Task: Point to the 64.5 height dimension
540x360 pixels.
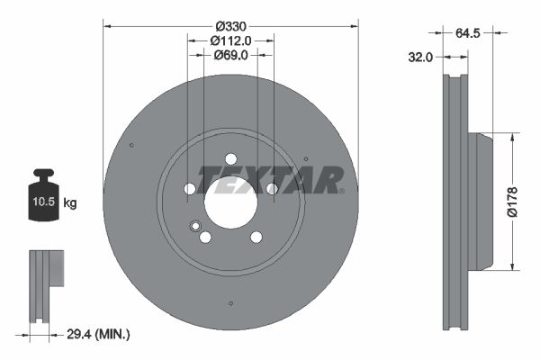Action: point(467,33)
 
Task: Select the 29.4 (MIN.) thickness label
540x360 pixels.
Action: point(99,334)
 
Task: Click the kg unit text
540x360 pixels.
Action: point(70,204)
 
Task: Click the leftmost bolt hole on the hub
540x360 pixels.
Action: point(189,188)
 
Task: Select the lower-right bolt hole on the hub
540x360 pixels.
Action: point(256,237)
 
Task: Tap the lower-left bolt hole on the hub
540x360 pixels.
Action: point(205,238)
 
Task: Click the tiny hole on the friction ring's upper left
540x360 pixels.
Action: point(131,146)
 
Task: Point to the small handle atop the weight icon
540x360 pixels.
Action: point(43,173)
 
